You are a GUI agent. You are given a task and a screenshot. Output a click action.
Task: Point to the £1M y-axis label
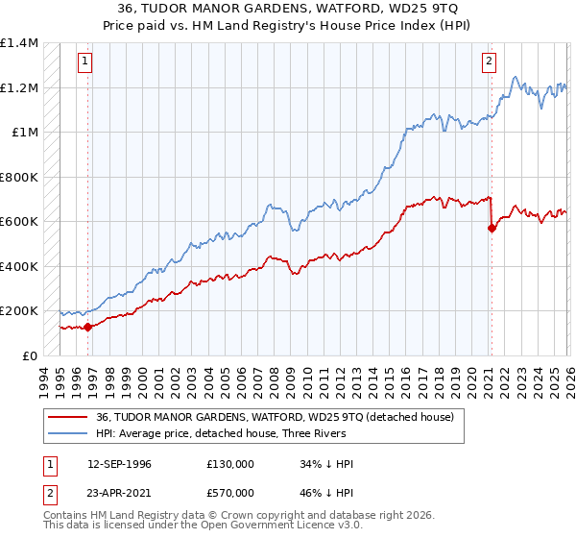pos(25,133)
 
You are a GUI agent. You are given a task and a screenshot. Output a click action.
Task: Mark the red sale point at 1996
pos(87,327)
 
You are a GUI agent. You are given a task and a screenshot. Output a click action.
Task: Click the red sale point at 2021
pos(492,229)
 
